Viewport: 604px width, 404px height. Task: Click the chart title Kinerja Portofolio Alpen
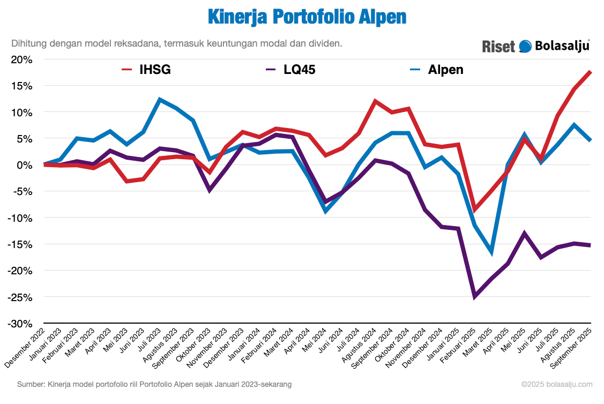coord(307,17)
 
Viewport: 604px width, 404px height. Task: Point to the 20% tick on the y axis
coord(22,59)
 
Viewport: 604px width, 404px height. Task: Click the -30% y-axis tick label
coord(20,324)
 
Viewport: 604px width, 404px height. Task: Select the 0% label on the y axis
coord(25,165)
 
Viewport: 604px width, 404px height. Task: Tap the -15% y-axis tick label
coord(20,244)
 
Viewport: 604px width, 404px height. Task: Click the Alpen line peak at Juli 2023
coord(160,99)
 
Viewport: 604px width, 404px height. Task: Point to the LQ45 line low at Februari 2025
coord(474,296)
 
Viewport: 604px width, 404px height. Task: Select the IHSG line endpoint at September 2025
coord(590,72)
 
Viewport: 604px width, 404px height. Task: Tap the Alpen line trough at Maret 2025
coord(491,252)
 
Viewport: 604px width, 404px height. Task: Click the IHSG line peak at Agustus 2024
coord(375,101)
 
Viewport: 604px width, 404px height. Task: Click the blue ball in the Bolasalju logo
coord(525,47)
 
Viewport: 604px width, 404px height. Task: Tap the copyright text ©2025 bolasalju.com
coord(557,384)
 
